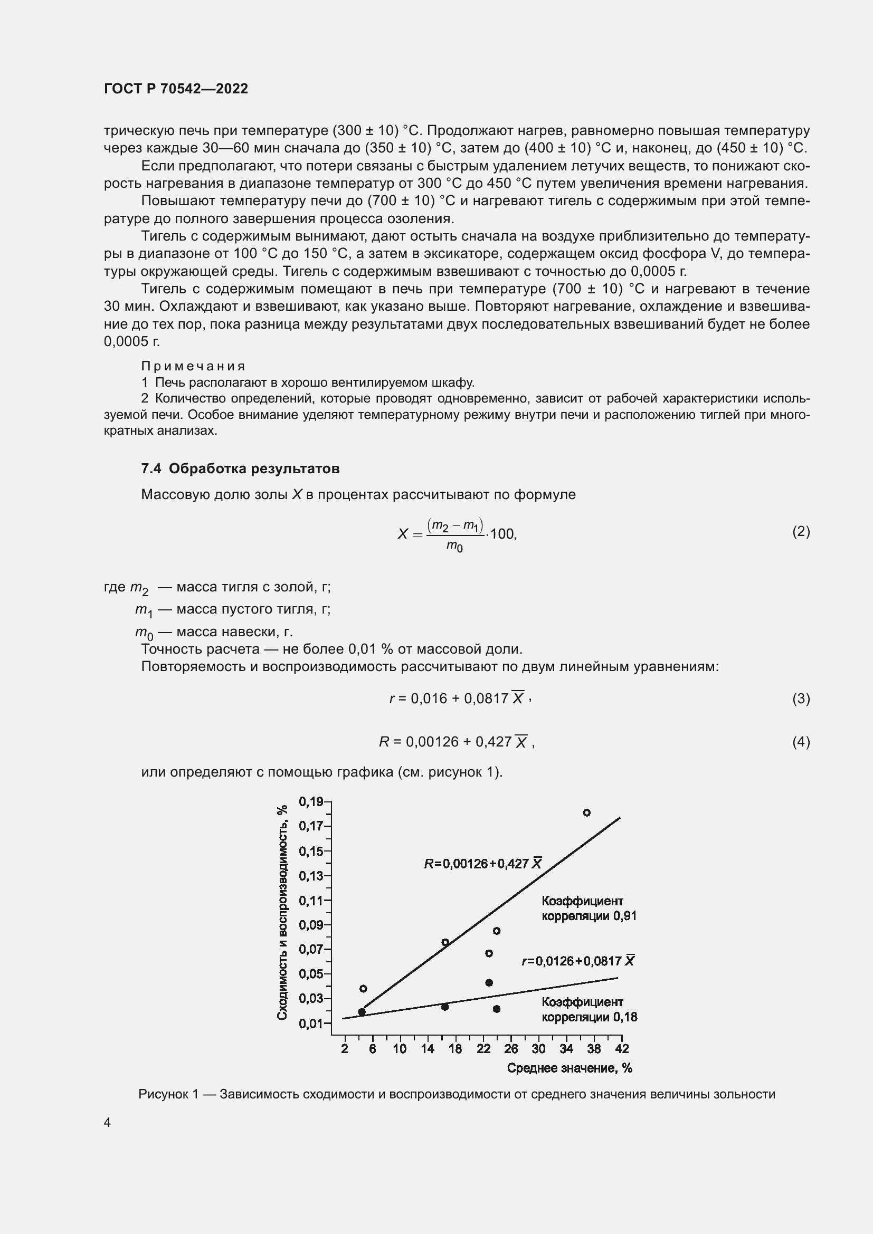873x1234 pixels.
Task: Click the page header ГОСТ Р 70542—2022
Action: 176,89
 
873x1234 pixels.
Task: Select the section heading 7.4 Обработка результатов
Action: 240,468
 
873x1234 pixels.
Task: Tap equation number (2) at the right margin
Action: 801,532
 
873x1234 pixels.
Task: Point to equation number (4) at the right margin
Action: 801,742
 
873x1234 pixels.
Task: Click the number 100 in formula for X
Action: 502,534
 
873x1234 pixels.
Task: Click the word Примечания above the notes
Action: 193,366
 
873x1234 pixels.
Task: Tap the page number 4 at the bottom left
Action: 108,1122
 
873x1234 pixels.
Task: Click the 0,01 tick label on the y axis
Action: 311,1023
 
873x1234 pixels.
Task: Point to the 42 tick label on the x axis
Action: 621,1049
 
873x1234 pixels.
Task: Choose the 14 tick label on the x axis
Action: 428,1049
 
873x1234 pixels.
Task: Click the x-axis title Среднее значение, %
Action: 570,1068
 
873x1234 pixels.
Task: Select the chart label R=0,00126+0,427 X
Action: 483,864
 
